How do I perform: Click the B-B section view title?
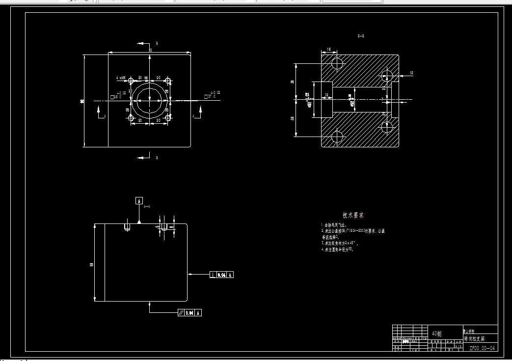361,36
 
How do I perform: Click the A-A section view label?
147,207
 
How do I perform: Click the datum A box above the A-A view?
139,200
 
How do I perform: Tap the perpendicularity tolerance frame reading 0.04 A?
222,275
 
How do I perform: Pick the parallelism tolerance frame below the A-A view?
190,312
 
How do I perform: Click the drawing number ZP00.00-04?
483,348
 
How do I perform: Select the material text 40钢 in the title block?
436,334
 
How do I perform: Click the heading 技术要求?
353,215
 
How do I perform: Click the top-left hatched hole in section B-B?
338,63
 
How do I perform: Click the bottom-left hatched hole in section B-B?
338,137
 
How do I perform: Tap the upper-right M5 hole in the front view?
168,81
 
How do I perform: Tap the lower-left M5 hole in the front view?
131,118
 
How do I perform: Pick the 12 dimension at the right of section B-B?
411,73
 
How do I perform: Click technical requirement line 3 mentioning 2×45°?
340,243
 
